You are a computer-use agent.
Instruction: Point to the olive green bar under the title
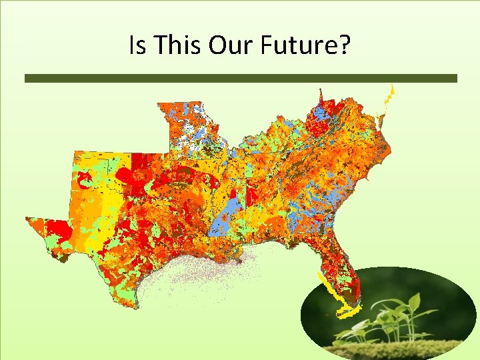click(241, 78)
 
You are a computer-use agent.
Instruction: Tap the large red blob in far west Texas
click(57, 230)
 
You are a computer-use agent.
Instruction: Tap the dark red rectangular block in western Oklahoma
click(139, 163)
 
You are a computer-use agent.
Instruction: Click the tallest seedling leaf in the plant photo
click(413, 303)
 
